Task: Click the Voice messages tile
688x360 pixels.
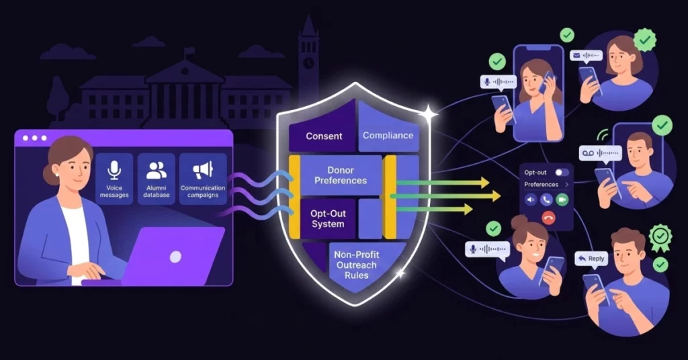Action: [x=114, y=179]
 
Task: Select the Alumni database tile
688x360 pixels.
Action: [x=156, y=179]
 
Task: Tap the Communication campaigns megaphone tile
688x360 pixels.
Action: [x=203, y=179]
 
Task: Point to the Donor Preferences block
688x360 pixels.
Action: [x=341, y=175]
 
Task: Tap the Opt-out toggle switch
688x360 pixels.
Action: [x=562, y=173]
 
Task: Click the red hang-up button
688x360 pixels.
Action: [x=548, y=218]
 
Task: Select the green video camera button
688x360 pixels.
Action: [x=562, y=200]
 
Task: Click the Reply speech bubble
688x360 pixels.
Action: [x=591, y=259]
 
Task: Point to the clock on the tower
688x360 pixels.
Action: [x=308, y=62]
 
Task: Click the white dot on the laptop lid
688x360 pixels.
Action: [x=175, y=257]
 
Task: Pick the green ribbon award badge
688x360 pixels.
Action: [x=660, y=237]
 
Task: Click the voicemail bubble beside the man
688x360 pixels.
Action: [x=600, y=154]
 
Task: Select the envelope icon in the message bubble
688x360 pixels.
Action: [x=576, y=56]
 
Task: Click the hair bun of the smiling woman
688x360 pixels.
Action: [x=520, y=221]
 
